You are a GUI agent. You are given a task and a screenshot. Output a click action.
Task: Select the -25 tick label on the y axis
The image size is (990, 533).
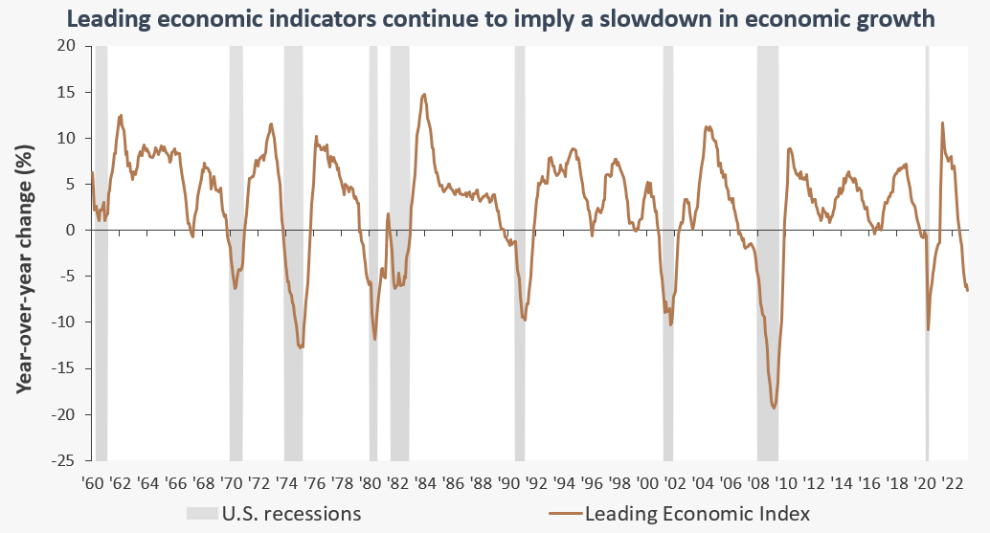[64, 461]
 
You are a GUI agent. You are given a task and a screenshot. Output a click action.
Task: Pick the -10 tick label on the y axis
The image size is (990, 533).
[64, 322]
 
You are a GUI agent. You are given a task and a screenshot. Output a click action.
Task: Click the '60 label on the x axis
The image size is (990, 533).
[94, 482]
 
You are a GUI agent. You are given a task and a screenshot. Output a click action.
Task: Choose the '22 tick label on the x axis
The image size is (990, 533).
[954, 482]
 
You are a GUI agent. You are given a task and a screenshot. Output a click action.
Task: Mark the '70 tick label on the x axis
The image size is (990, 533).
[232, 482]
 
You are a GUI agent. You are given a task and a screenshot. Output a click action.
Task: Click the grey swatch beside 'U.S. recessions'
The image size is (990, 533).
[201, 514]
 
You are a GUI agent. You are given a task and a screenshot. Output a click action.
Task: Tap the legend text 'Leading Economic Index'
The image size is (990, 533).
[696, 514]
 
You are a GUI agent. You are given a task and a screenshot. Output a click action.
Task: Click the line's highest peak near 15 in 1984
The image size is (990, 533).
[424, 94]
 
